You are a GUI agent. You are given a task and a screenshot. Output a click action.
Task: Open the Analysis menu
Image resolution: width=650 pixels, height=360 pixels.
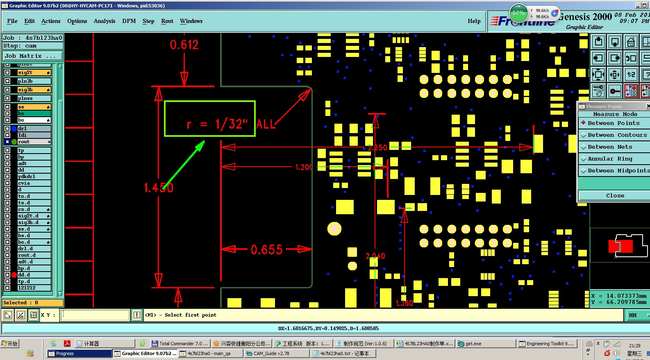coord(105,21)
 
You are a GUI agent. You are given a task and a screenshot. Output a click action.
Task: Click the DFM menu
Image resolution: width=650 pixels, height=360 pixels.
coord(129,21)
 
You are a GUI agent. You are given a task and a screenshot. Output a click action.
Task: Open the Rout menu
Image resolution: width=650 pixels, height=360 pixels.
coord(167,21)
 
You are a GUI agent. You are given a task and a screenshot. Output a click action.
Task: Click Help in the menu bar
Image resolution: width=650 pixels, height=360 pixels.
coord(474,21)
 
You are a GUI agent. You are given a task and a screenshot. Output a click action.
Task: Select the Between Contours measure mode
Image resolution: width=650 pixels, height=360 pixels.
coord(617,135)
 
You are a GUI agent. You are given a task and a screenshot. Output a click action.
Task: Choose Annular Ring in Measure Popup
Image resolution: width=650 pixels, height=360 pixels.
coord(610,159)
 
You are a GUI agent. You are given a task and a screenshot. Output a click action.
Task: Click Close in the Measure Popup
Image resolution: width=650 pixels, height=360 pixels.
coord(615,196)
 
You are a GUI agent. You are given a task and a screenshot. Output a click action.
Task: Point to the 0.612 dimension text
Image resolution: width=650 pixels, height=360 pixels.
coord(184,45)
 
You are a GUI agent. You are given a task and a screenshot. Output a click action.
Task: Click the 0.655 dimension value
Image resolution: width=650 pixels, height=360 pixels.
coord(266,249)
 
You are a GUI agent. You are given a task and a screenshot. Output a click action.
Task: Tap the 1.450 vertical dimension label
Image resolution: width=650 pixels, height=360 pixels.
coord(159,188)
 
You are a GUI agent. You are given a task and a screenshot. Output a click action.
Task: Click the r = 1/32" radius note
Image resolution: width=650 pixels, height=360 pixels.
coord(217,124)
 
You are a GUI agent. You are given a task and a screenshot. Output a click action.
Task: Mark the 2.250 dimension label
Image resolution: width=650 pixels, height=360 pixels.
coord(377,148)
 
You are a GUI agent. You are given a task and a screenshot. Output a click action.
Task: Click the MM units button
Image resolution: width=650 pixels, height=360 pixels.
coord(633,315)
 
